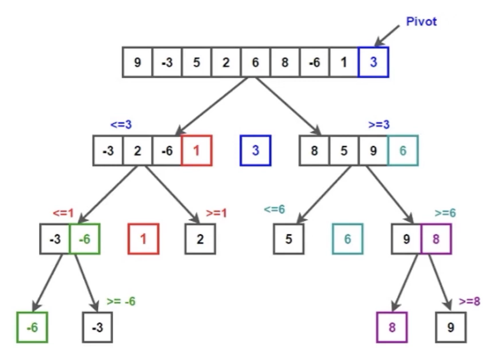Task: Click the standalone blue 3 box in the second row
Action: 255,151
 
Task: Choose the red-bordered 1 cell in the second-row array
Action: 197,151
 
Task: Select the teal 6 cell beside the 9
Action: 403,151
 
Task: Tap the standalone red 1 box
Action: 143,238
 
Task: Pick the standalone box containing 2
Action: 200,238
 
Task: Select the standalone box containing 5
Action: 288,238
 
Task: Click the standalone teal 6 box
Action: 348,238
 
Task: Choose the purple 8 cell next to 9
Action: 436,238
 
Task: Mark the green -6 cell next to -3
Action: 84,238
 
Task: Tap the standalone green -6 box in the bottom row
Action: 31,327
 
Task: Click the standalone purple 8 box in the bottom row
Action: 392,327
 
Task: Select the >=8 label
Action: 469,301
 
